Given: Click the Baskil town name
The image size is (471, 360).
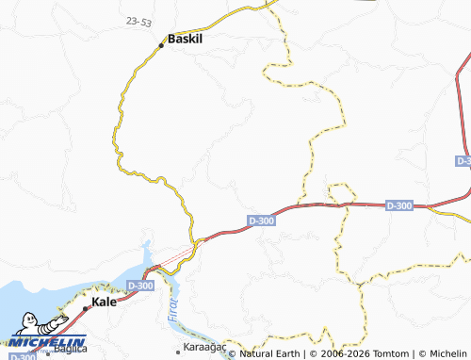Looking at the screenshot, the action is pos(187,41).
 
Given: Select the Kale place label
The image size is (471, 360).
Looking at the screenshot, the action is pos(104,303).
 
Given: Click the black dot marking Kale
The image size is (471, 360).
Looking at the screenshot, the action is pos(86,308).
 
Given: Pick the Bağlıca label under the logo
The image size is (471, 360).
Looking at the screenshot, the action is pos(72,350).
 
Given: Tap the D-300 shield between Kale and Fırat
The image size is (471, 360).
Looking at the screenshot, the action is pos(139,286).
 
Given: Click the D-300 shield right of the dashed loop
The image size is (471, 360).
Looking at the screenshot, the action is pos(399,205).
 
